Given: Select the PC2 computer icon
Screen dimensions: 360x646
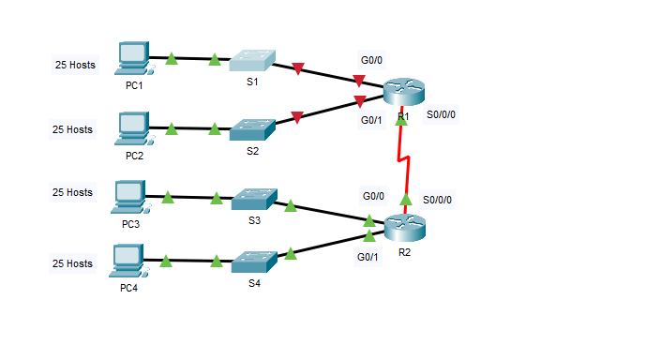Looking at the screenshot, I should point(132,127).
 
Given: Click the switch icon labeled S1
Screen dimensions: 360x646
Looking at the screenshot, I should point(252,60).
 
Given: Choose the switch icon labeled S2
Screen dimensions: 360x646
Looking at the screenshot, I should point(252,128).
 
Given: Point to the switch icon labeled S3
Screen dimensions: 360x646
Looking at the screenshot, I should point(253,199).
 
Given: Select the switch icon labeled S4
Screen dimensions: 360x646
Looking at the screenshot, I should point(253,260).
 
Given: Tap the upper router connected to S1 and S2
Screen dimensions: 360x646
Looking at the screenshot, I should point(404,92).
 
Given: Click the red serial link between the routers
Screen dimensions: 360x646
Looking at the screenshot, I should point(404,159).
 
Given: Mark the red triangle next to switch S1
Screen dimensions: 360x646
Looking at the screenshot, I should point(298,68).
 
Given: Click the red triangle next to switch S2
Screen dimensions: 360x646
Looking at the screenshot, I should point(296,117).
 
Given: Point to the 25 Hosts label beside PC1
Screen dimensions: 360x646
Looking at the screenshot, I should point(74,66).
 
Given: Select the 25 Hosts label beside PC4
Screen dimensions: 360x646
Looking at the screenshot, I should point(73,263).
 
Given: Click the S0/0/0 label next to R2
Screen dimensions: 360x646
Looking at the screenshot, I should point(437,200).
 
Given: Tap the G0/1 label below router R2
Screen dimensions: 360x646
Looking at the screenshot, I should point(367,257).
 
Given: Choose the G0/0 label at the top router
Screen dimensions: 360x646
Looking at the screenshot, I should point(371,60).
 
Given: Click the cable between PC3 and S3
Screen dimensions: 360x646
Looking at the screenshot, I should point(192,198).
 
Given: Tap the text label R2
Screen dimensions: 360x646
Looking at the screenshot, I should point(404,252).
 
